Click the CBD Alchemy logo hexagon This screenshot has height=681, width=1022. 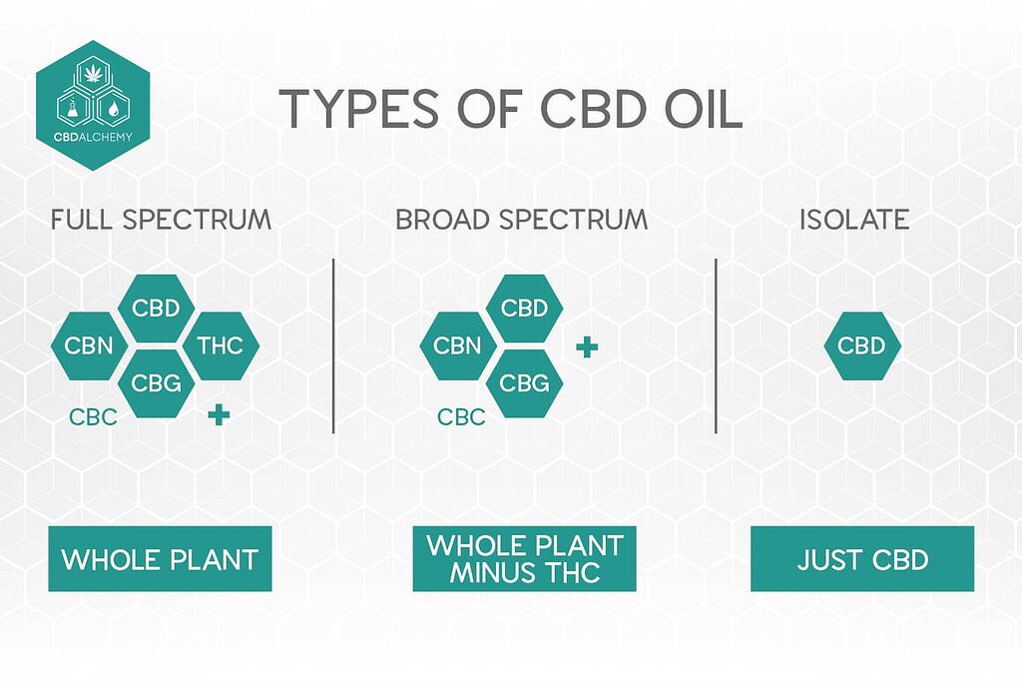(92, 104)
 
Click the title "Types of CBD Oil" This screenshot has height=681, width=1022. (510, 109)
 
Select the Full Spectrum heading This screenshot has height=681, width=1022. (161, 220)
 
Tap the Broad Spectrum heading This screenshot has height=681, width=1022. (522, 220)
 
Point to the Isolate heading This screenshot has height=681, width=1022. (854, 220)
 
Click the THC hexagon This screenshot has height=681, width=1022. (221, 346)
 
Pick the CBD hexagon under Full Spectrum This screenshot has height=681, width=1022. (156, 308)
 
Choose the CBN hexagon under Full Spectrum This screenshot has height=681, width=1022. (89, 346)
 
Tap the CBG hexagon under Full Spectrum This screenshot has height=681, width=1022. (156, 382)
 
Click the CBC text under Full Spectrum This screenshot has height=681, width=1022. (93, 416)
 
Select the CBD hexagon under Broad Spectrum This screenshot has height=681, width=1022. (525, 308)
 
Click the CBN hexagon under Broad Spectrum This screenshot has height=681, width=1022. (458, 346)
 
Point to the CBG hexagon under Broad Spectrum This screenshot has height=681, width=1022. (525, 382)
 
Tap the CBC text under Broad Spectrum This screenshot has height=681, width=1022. (461, 416)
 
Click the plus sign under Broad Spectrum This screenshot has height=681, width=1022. (588, 347)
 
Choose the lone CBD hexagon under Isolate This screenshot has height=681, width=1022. (861, 346)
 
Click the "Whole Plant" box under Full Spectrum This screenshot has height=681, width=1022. (160, 559)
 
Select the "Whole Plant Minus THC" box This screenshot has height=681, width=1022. (524, 559)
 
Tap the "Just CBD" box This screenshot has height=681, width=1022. (862, 559)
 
